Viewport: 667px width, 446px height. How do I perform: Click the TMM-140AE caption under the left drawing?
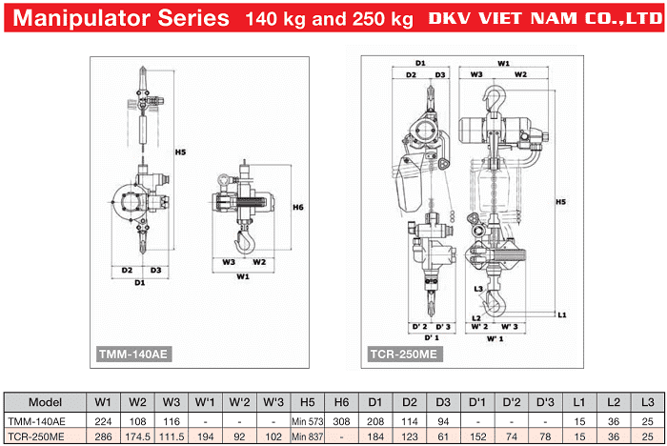[x=133, y=354]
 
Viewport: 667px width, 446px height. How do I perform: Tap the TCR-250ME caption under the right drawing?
[x=403, y=354]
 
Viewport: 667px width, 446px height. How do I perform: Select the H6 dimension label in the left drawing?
[x=298, y=207]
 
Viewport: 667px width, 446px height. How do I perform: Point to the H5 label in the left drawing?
[x=180, y=152]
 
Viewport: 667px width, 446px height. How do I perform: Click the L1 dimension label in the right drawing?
[x=563, y=314]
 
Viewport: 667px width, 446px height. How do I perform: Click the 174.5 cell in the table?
[x=138, y=436]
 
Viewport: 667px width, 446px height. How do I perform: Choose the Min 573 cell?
[x=308, y=420]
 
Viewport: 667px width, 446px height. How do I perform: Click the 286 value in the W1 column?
[x=103, y=436]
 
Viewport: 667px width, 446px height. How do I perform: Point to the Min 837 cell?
[x=308, y=436]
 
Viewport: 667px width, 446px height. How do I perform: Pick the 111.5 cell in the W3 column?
[x=172, y=436]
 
